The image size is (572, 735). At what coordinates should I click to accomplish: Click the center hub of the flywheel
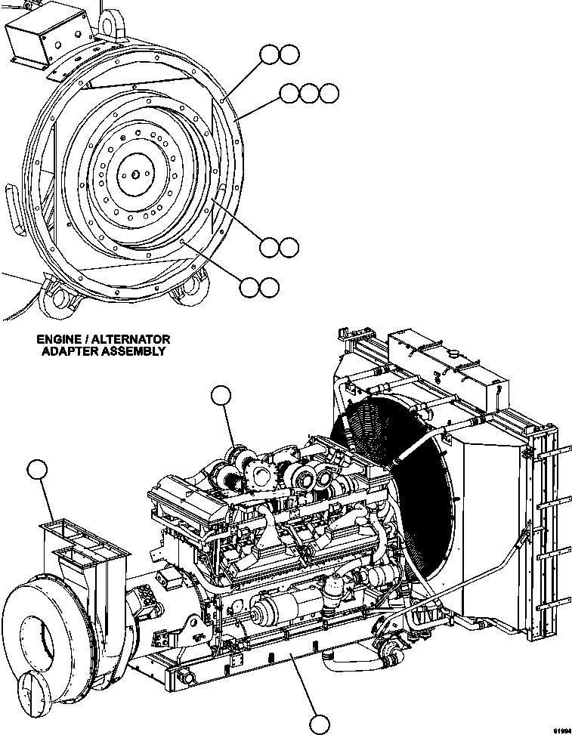(x=134, y=174)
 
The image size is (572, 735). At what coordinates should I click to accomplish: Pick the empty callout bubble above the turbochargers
(x=220, y=396)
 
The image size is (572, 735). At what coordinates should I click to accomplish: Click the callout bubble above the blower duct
(x=36, y=469)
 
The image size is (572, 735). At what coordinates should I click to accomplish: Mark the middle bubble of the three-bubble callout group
(x=309, y=93)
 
